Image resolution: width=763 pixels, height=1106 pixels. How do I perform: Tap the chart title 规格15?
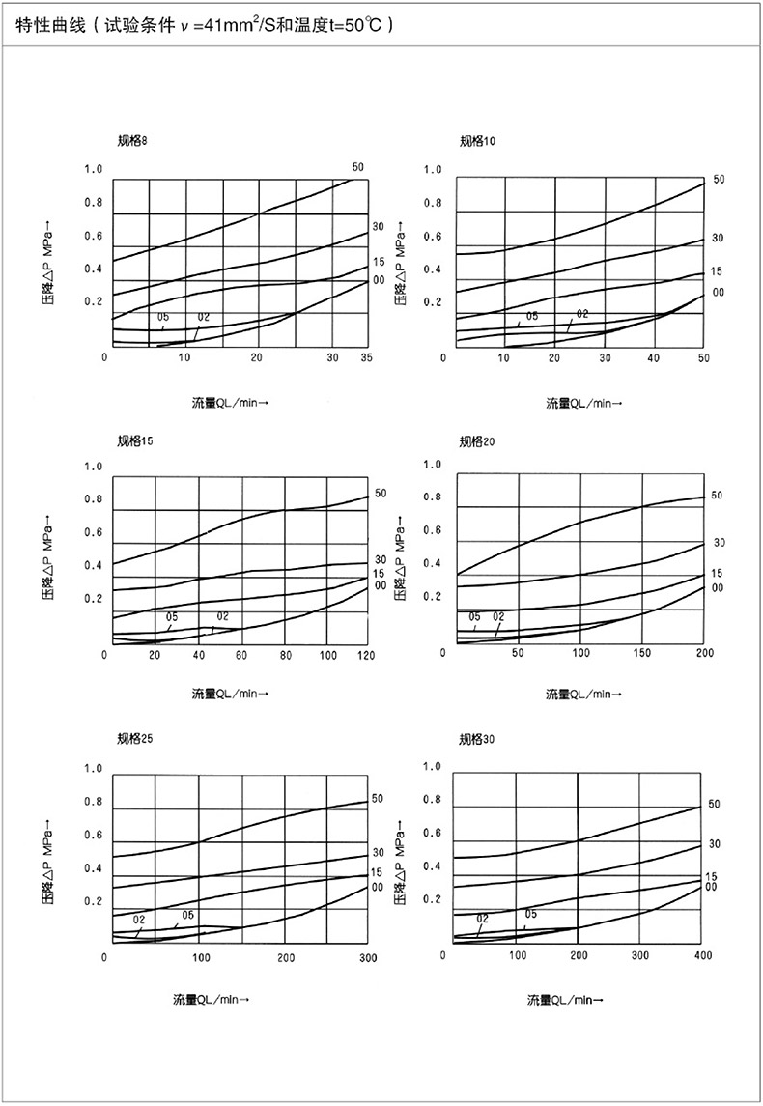coord(134,440)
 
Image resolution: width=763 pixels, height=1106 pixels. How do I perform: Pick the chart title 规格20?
coord(478,441)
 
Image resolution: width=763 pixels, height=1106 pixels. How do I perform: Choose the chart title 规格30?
coord(478,740)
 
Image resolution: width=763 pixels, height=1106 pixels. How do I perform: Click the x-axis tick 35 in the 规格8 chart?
coord(365,357)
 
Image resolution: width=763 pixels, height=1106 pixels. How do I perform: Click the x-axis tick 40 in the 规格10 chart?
coord(653,357)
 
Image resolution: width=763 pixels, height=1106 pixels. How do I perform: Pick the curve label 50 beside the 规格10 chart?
coord(718,180)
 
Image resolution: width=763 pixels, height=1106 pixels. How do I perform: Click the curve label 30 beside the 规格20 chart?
coord(719,543)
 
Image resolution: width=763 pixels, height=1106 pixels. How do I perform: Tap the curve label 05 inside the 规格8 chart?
coord(163,318)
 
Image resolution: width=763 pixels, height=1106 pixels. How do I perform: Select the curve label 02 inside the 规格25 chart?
coord(139,920)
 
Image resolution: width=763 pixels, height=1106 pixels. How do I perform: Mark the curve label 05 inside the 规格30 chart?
coord(530,914)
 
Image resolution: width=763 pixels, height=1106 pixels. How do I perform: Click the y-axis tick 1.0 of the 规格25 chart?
coord(94,769)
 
